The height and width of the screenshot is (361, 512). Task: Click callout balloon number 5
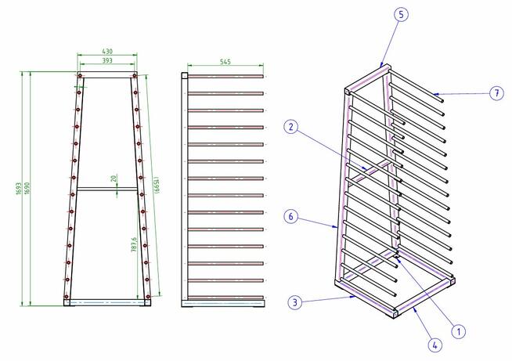point(401,15)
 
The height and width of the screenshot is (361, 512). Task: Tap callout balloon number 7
point(496,93)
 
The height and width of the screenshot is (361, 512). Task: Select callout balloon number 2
point(291,126)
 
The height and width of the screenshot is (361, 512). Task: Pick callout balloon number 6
point(291,216)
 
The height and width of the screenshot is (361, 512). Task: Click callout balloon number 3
point(295,302)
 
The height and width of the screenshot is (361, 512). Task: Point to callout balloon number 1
point(459,332)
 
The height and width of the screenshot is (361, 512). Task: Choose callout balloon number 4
point(435,345)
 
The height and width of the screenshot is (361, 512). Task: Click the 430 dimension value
point(107,51)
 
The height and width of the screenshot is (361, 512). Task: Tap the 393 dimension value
point(107,60)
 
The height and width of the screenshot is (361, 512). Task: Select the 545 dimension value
point(225,61)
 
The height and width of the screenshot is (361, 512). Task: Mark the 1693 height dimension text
point(19,189)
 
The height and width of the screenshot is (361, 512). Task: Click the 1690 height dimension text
point(27,189)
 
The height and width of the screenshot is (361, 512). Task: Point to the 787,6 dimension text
point(134,244)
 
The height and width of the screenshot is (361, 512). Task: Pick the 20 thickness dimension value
point(114,179)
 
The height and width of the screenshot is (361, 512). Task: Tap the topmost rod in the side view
point(225,77)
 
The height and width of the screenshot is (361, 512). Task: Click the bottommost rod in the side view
point(225,298)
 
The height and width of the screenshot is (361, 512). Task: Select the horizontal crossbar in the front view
point(106,189)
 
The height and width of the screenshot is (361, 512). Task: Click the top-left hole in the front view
point(80,76)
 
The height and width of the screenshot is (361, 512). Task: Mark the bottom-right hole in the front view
point(148,296)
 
